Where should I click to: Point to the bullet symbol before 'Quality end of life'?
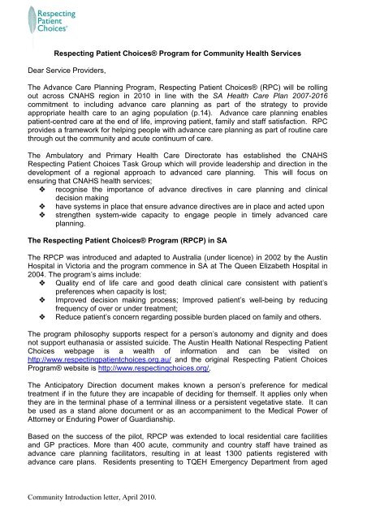pos(33,294)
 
